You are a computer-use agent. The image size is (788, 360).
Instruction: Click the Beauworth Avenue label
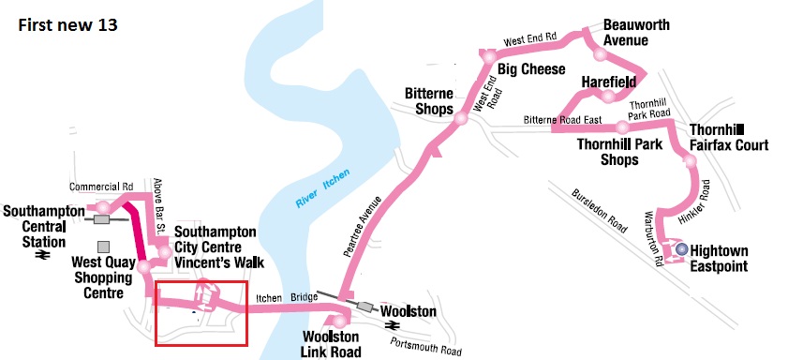click(636, 32)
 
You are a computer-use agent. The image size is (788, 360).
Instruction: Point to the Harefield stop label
click(609, 82)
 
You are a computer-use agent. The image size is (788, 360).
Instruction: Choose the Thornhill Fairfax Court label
click(728, 137)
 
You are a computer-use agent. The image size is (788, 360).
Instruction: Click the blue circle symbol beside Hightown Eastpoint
click(682, 249)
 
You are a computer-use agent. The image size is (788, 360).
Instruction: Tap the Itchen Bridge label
click(285, 298)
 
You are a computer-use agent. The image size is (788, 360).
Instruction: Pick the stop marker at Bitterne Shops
click(461, 117)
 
